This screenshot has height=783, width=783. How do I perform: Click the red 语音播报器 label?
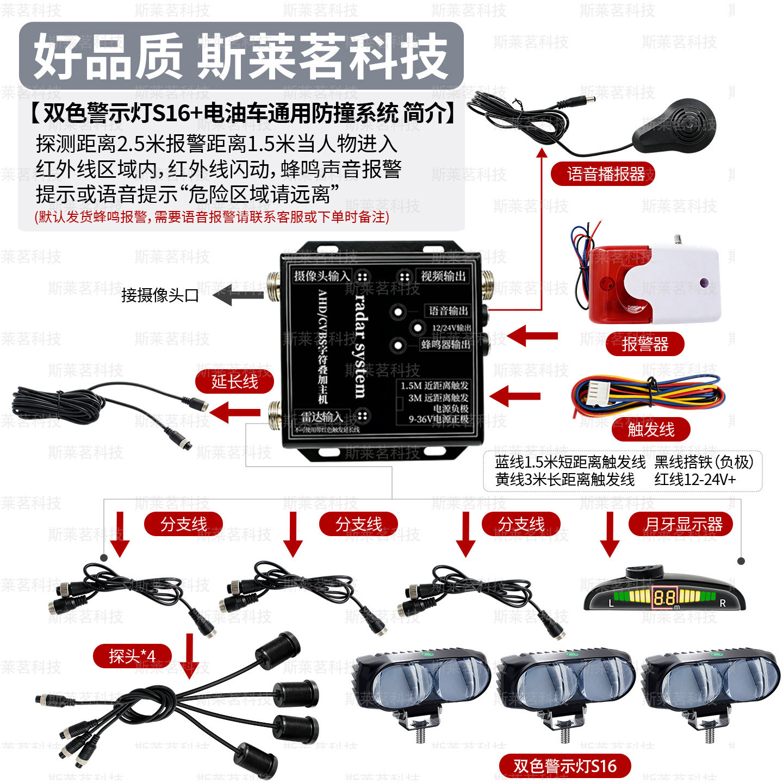tap(603, 174)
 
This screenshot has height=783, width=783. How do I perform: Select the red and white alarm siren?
tap(652, 285)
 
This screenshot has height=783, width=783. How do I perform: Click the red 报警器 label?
tap(645, 344)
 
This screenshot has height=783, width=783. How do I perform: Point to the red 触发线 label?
tap(651, 430)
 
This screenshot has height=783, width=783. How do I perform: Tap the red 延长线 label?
tap(234, 381)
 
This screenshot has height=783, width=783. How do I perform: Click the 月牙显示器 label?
tap(683, 524)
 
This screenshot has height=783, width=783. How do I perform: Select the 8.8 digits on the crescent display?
tap(664, 598)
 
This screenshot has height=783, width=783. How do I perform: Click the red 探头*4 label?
tap(132, 656)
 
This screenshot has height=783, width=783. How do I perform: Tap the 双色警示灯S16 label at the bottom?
tap(565, 766)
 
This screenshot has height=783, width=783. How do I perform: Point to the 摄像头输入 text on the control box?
tap(322, 276)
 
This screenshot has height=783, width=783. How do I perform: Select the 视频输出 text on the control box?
tap(443, 276)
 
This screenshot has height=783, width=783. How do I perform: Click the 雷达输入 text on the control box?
tap(322, 417)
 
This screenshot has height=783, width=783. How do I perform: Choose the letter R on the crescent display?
tap(723, 603)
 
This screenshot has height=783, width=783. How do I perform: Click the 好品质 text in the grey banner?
tap(107, 56)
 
